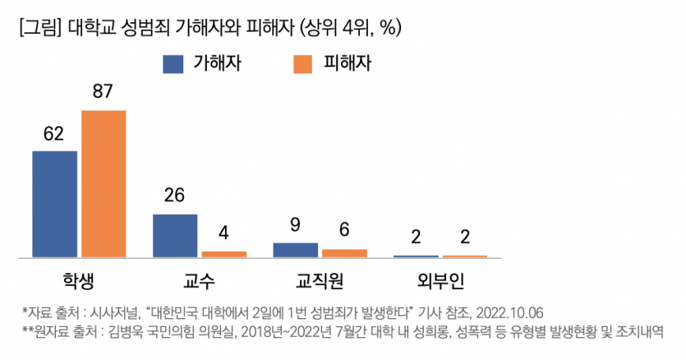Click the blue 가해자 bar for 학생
54,204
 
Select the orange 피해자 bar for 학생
104,183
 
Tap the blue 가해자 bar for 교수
175,236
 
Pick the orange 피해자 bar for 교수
223,254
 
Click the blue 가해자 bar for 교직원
295,250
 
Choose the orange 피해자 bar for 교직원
344,253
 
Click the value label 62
54,133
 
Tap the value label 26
174,196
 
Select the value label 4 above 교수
223,233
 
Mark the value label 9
295,224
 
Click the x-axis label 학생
79,280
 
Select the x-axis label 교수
199,280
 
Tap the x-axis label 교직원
320,280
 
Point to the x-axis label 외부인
440,280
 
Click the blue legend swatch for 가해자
173,64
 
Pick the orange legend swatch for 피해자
303,64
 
